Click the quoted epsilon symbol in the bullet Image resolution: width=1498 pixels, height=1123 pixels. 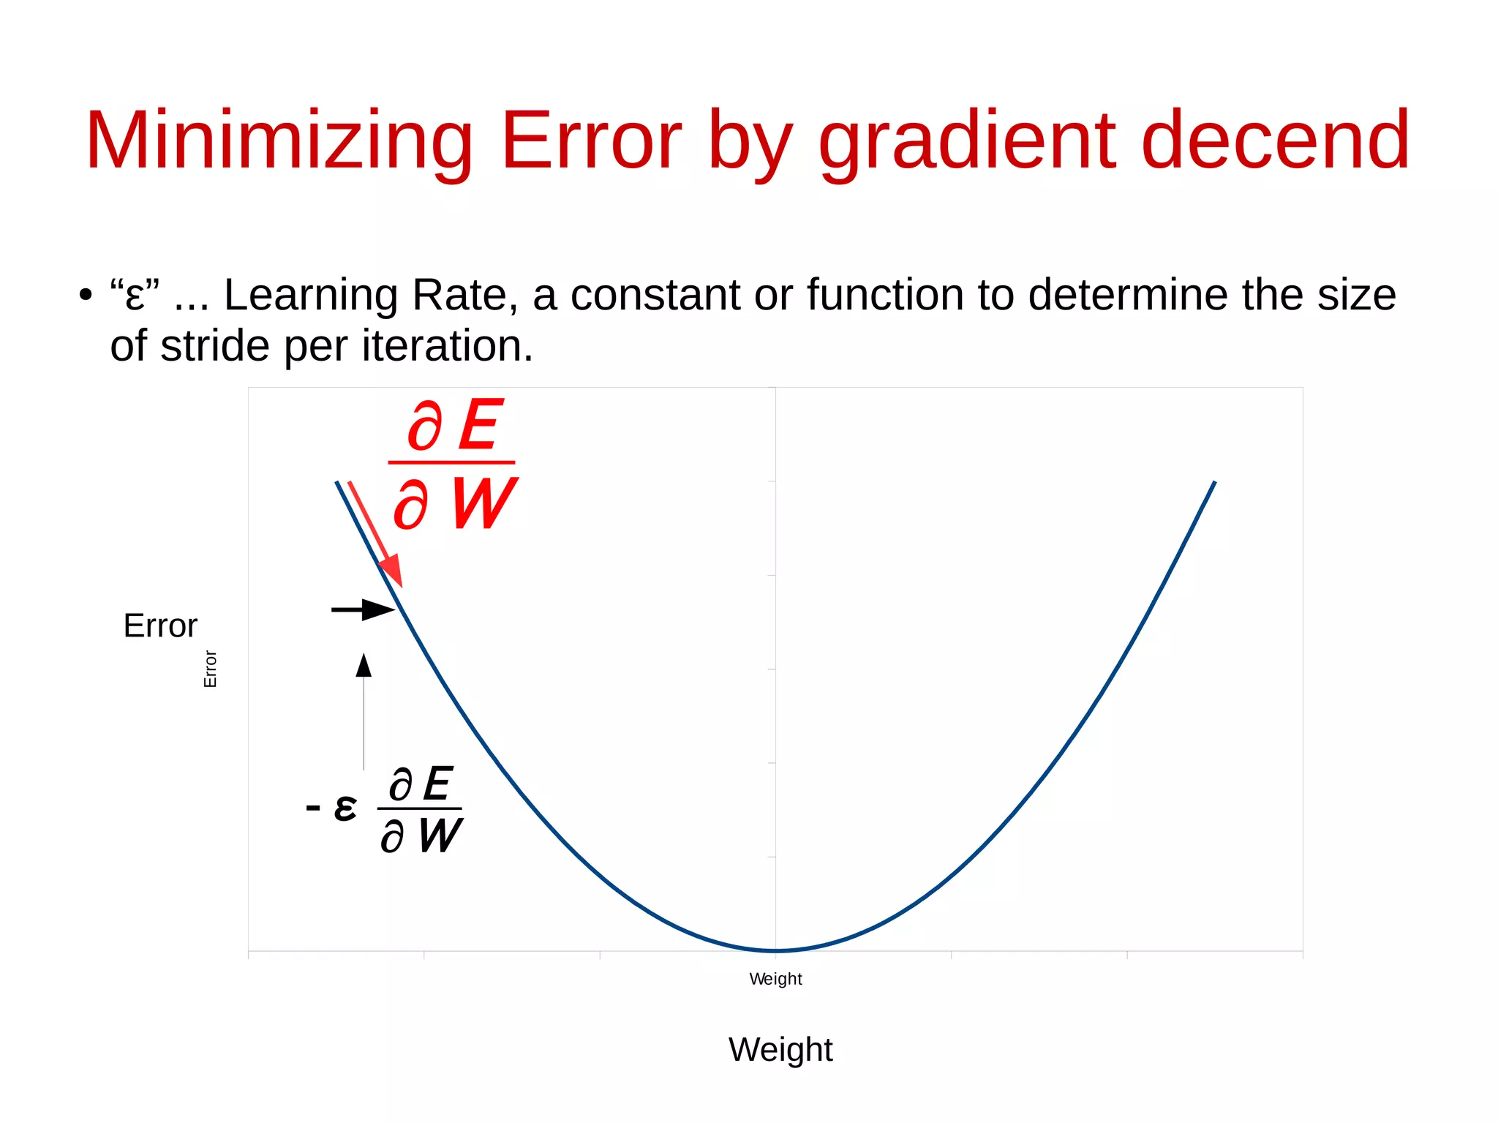pyautogui.click(x=135, y=296)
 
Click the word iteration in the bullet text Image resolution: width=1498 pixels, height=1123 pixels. pyautogui.click(x=446, y=346)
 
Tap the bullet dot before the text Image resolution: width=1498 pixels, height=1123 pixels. pyautogui.click(x=86, y=296)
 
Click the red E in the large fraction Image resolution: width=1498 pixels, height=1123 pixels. pyautogui.click(x=479, y=426)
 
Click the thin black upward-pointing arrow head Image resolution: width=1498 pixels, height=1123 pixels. pyautogui.click(x=364, y=665)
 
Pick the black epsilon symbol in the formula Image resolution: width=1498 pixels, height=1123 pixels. pyautogui.click(x=345, y=808)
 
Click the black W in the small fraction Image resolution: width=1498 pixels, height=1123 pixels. pyautogui.click(x=440, y=835)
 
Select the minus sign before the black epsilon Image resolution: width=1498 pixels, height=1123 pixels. pyautogui.click(x=313, y=808)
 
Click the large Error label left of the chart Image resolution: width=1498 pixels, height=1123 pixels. pyautogui.click(x=160, y=626)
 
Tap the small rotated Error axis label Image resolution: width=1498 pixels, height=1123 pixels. pyautogui.click(x=210, y=669)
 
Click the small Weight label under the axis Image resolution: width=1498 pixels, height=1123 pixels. pyautogui.click(x=775, y=979)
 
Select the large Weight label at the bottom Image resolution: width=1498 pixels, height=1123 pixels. pyautogui.click(x=780, y=1050)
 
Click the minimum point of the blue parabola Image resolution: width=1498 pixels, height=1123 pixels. pyautogui.click(x=776, y=950)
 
